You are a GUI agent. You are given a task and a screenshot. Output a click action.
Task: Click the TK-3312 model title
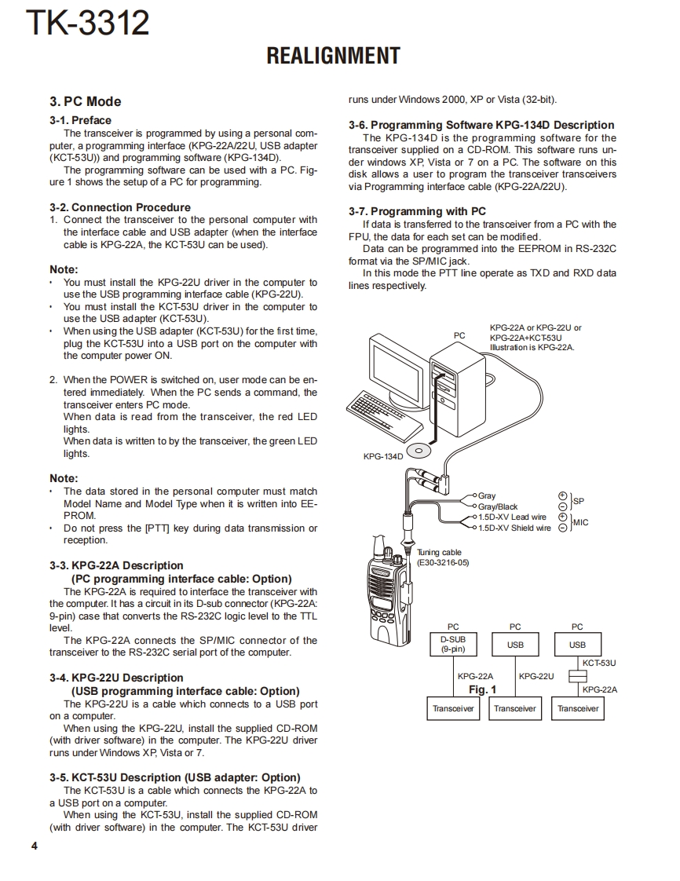pos(87,24)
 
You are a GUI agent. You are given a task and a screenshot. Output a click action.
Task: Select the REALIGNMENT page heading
pos(333,56)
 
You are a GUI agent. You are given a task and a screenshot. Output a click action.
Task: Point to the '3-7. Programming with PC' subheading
pos(417,211)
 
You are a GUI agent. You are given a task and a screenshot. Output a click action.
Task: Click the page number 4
pos(34,846)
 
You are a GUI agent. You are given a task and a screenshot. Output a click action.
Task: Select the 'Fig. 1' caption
pos(482,689)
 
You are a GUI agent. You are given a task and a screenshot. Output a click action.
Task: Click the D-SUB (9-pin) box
pos(452,645)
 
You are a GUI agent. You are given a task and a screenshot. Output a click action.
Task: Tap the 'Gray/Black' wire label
pos(498,506)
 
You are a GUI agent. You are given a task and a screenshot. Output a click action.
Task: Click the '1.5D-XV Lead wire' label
pos(512,517)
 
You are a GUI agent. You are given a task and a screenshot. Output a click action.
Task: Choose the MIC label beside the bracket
pos(581,522)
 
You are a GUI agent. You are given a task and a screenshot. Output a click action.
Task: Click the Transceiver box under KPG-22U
pos(515,708)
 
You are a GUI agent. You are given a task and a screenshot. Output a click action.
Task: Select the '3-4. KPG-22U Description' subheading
pos(116,678)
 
